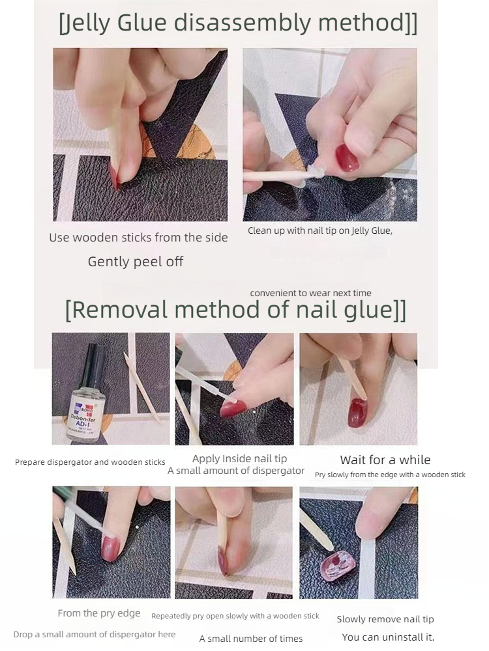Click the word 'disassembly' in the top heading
point(242,23)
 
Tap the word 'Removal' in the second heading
point(120,309)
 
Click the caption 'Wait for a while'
point(385,460)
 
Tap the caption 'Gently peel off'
point(136,262)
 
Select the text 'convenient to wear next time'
point(310,293)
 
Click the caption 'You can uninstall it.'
point(388,637)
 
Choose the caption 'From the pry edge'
point(99,613)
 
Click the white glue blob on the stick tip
point(315,170)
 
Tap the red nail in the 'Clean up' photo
point(348,158)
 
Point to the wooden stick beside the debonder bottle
point(141,388)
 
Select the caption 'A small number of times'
point(251,639)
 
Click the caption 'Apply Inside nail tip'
point(239,459)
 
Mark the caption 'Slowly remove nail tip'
point(385,620)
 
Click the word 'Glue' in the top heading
point(141,22)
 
